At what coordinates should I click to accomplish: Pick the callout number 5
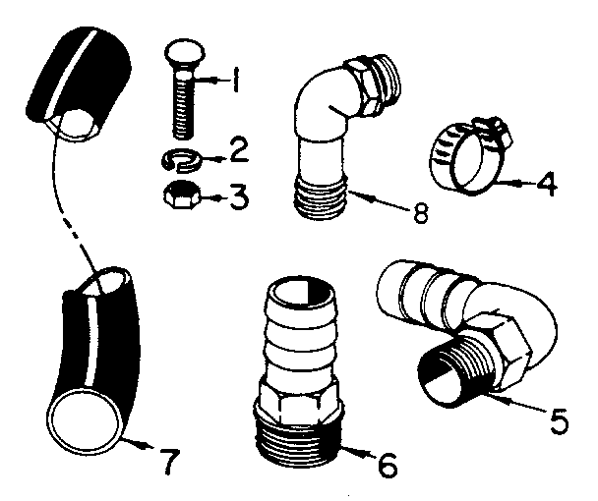pyautogui.click(x=558, y=421)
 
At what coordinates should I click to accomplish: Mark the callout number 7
pyautogui.click(x=168, y=459)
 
